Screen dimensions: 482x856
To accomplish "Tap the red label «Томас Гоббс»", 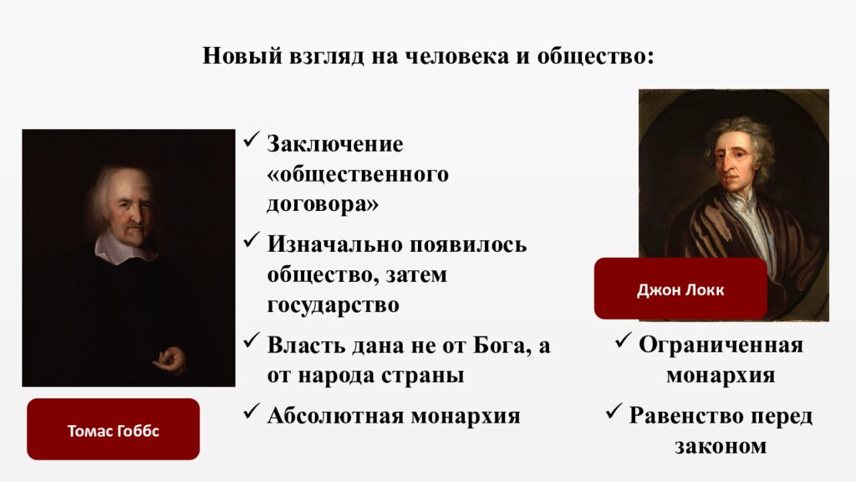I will point(113,431).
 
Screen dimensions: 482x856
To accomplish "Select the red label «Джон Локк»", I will point(680,290).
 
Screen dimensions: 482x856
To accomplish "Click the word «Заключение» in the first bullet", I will point(335,144).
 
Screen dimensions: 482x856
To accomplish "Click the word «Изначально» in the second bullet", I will point(334,245).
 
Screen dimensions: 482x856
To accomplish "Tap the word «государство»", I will point(333,305).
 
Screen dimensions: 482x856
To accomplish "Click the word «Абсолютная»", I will point(334,415).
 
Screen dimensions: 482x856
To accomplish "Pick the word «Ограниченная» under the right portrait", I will point(721,346).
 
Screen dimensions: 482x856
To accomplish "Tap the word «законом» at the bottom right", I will point(721,446).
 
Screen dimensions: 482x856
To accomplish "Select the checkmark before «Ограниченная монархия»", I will point(622,341).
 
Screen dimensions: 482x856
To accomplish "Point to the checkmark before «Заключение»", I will point(252,140).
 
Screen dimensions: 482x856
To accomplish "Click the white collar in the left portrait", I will point(125,245).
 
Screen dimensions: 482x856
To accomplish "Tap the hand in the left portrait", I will point(172,361).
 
